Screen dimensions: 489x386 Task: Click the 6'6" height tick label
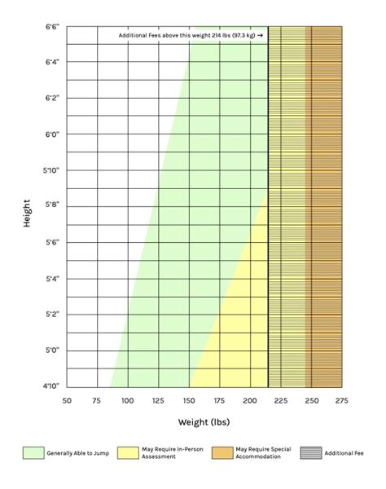(50, 26)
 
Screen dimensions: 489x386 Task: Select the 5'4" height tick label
(50, 279)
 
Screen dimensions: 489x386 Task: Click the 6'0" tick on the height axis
(50, 134)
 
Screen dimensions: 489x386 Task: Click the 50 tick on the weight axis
(67, 400)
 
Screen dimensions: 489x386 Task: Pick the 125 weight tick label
(158, 400)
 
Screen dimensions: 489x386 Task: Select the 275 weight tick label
(341, 400)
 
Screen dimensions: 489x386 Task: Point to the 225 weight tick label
(281, 400)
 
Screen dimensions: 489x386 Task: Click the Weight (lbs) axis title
(204, 422)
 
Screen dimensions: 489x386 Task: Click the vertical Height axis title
(27, 212)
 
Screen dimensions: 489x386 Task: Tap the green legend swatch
(33, 452)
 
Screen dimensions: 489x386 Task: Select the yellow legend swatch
(128, 452)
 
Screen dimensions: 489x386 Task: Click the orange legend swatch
(222, 452)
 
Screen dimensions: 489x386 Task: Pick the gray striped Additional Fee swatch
(311, 452)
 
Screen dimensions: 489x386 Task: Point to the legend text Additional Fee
(344, 452)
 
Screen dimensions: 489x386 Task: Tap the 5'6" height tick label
(50, 243)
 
